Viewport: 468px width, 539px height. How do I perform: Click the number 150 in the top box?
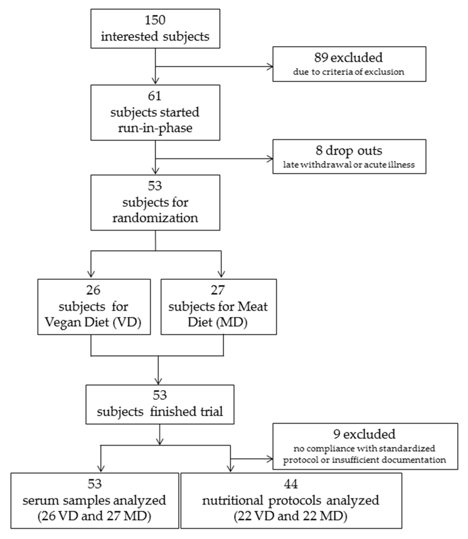[x=155, y=20]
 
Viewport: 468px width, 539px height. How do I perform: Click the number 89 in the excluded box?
[x=321, y=58]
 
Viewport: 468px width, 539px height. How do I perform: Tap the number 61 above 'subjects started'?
[x=155, y=96]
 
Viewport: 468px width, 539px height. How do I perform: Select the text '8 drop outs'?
[x=349, y=150]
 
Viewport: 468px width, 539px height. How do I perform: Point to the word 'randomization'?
[x=155, y=218]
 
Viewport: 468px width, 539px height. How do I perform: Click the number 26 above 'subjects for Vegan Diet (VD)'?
[x=93, y=290]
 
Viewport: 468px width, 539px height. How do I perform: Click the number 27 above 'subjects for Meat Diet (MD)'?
[x=218, y=290]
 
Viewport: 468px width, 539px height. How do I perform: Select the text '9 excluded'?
[x=364, y=434]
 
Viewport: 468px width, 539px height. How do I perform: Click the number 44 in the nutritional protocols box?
[x=290, y=484]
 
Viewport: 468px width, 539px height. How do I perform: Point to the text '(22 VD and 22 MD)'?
[x=290, y=516]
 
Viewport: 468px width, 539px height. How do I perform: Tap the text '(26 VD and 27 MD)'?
[x=95, y=516]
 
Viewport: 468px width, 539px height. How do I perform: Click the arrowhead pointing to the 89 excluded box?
[x=270, y=67]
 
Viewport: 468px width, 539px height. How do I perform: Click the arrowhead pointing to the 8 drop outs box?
[x=270, y=158]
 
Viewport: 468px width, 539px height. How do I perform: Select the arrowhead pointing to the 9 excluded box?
[x=270, y=459]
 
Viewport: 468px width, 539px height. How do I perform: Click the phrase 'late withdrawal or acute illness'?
[x=349, y=165]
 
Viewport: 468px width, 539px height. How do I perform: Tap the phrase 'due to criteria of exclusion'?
[x=348, y=72]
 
